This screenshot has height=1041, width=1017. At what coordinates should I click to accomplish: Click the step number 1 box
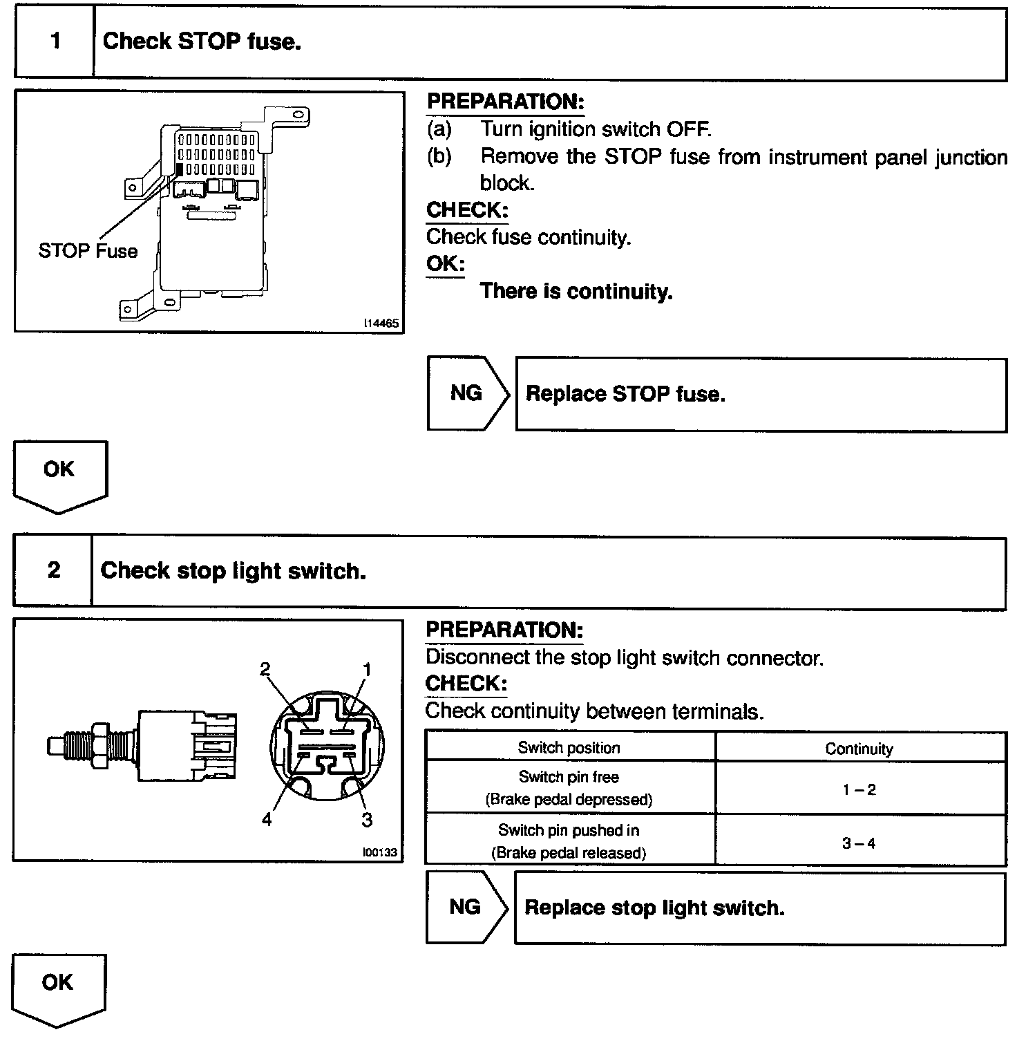click(55, 42)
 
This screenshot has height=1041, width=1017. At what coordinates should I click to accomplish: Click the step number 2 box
click(53, 571)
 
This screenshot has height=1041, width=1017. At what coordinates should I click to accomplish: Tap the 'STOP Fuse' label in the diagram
click(88, 251)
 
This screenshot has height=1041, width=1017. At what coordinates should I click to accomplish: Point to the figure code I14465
click(382, 323)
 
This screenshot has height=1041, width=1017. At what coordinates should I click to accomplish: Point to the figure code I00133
click(380, 852)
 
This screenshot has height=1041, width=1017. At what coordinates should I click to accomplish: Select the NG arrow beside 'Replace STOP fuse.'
click(467, 394)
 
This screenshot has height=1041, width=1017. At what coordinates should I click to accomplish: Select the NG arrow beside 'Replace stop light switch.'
click(466, 908)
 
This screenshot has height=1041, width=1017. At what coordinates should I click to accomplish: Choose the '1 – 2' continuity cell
click(859, 789)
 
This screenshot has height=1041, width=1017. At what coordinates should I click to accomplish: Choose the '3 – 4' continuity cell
click(859, 843)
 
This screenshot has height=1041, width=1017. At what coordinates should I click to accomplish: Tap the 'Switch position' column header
click(569, 748)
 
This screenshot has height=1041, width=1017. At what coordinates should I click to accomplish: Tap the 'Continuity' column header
click(859, 749)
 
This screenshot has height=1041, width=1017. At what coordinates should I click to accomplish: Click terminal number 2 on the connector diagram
click(265, 669)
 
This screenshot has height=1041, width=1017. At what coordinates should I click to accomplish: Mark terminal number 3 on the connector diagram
click(367, 820)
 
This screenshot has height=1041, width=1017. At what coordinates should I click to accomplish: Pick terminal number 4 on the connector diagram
click(267, 820)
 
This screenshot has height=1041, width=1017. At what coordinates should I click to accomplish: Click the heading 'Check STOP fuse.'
click(202, 41)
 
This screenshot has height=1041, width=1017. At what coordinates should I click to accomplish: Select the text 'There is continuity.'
click(576, 291)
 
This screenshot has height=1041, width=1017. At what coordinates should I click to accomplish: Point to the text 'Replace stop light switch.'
click(654, 908)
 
